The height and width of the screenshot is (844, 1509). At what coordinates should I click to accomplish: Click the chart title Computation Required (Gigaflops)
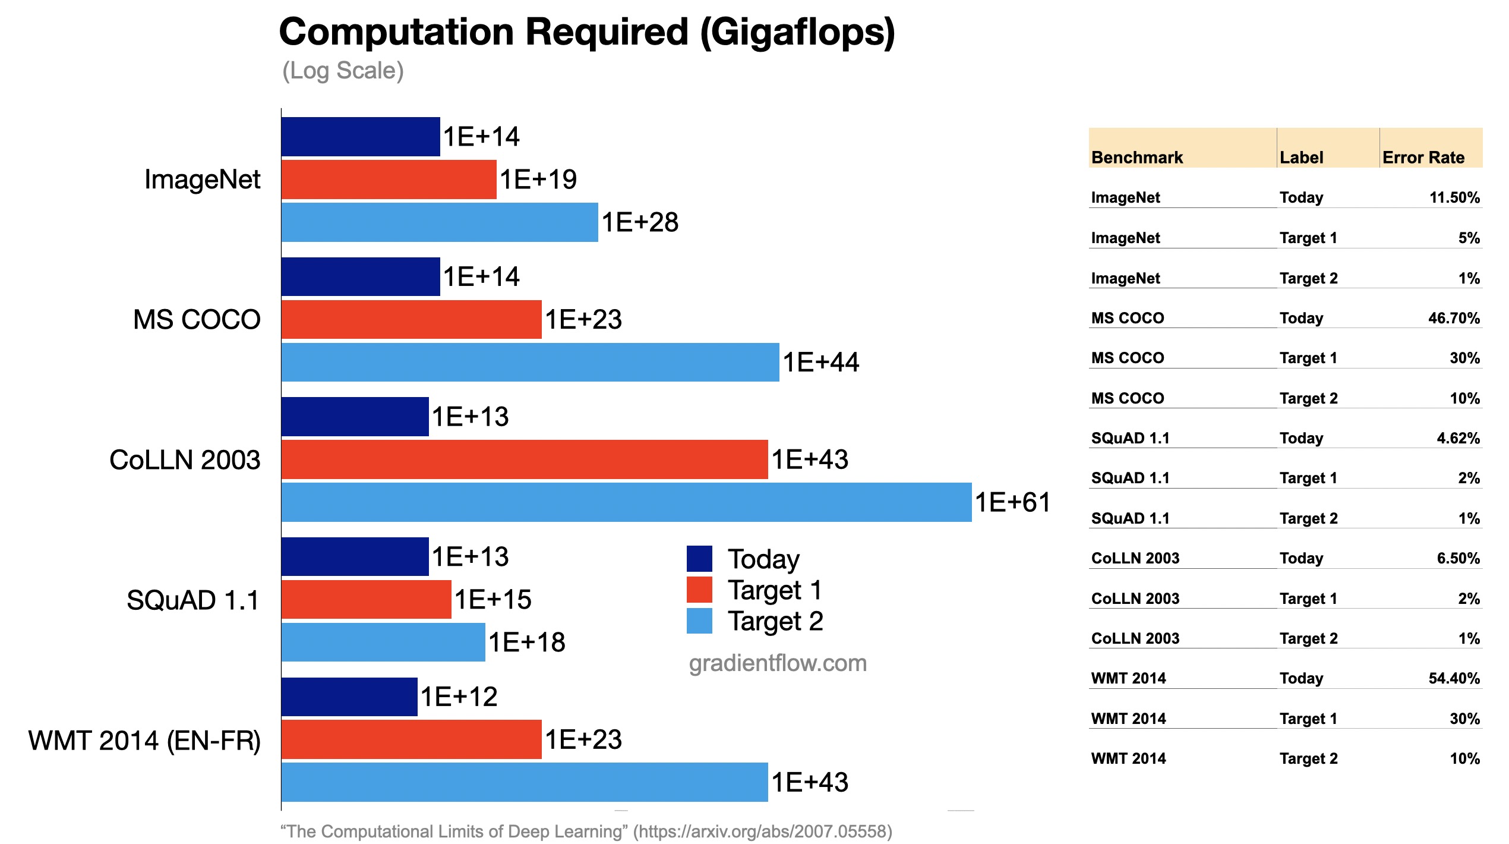point(586,32)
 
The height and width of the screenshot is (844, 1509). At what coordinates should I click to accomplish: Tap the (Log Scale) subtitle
point(343,71)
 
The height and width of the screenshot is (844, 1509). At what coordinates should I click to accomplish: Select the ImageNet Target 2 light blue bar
point(440,222)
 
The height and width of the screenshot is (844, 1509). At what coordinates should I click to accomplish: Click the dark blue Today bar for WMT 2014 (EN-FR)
point(349,697)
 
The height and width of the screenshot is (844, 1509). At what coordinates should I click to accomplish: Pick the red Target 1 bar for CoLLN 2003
point(525,459)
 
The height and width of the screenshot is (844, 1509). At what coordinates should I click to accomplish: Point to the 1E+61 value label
point(1012,503)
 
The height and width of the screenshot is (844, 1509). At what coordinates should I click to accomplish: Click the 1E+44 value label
point(820,363)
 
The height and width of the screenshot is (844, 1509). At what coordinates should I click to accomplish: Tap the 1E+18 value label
point(526,643)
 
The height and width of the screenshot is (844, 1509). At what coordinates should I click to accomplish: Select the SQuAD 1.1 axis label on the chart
point(193,600)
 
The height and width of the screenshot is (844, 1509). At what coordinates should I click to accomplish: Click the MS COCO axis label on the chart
point(197,320)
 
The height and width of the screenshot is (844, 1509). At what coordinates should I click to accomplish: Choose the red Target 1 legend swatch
point(699,590)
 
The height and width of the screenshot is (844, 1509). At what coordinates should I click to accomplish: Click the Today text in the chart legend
point(763,559)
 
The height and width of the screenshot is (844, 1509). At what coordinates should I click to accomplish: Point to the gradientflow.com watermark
point(778,663)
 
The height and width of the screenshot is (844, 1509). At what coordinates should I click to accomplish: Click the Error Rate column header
point(1423,158)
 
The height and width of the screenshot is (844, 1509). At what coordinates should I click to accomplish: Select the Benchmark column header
point(1137,158)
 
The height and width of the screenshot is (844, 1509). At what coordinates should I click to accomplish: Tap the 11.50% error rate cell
point(1454,197)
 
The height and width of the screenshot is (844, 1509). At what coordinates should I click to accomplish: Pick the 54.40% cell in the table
point(1454,678)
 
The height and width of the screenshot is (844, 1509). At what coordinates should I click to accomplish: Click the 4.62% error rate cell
point(1458,438)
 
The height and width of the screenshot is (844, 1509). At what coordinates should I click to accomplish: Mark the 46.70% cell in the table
point(1454,318)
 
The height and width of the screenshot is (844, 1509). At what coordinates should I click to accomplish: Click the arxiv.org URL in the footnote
point(763,831)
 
